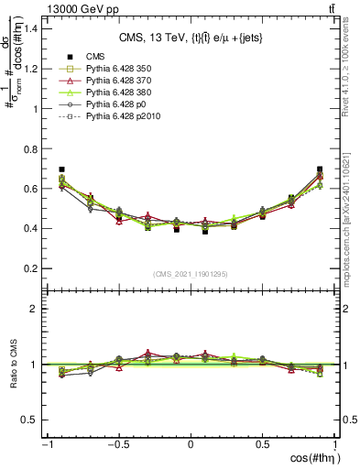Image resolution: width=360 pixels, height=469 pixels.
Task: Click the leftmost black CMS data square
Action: [61, 169]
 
